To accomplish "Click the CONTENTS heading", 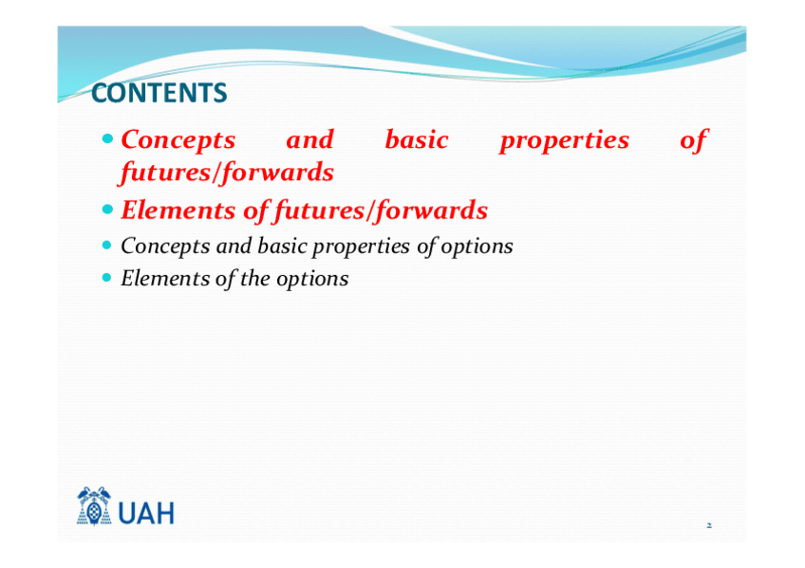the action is pyautogui.click(x=159, y=93).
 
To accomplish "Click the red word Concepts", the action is pyautogui.click(x=178, y=140).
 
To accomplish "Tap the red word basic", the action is pyautogui.click(x=417, y=139).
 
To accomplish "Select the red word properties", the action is pyautogui.click(x=565, y=141).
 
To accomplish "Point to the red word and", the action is pyautogui.click(x=310, y=139).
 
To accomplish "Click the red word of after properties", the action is pyautogui.click(x=694, y=140).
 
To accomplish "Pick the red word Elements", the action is pyautogui.click(x=178, y=211).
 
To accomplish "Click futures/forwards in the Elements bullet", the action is pyautogui.click(x=381, y=211).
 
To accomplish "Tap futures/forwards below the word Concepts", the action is pyautogui.click(x=226, y=173).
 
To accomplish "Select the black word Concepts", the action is pyautogui.click(x=165, y=247).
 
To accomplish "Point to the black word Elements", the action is pyautogui.click(x=165, y=279).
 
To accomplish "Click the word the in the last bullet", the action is pyautogui.click(x=254, y=279).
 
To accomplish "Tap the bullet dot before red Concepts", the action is pyautogui.click(x=106, y=138).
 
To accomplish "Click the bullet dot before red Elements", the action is pyautogui.click(x=106, y=210).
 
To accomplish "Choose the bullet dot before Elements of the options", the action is pyautogui.click(x=106, y=277).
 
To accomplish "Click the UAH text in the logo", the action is pyautogui.click(x=146, y=513).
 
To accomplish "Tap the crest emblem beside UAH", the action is pyautogui.click(x=94, y=506).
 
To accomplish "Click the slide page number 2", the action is pyautogui.click(x=709, y=525).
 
